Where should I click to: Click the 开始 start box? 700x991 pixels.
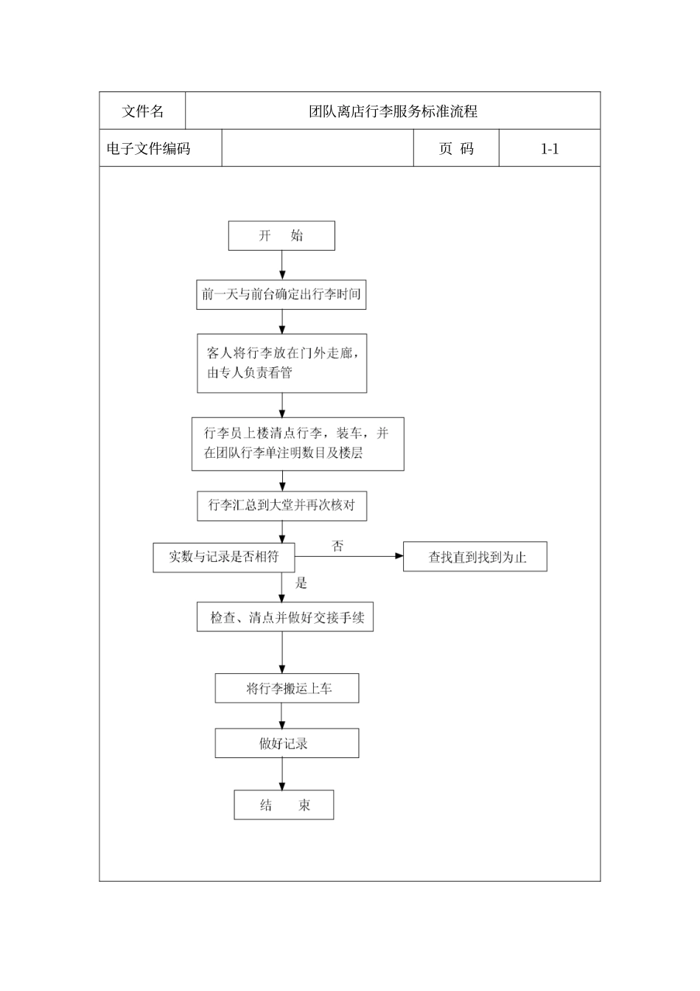point(281,236)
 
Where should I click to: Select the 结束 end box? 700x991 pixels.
point(284,805)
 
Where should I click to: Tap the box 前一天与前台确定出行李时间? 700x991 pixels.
point(281,295)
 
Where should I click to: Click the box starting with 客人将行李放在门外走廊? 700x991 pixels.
point(281,364)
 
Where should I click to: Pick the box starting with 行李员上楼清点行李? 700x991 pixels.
point(298,444)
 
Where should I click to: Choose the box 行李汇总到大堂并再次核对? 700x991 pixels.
point(281,506)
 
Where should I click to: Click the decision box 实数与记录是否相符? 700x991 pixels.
point(224,557)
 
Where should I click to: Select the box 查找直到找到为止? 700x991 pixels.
point(475,557)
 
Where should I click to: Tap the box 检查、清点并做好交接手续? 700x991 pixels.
point(285,617)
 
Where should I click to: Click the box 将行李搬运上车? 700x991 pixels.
point(287,689)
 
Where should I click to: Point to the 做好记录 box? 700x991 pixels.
point(287,743)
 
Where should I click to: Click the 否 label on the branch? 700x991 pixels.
point(337,546)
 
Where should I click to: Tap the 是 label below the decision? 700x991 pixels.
point(301,583)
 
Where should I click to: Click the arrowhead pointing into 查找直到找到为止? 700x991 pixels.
point(399,557)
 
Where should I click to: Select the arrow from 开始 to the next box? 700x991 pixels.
point(282,265)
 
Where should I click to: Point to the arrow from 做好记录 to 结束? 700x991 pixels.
point(282,774)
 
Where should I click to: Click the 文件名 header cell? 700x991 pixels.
point(143,111)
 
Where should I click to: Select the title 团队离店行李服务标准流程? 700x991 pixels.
point(393,111)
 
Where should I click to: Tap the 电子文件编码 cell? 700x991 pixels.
point(149,149)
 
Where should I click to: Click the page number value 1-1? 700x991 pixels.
point(550,149)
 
